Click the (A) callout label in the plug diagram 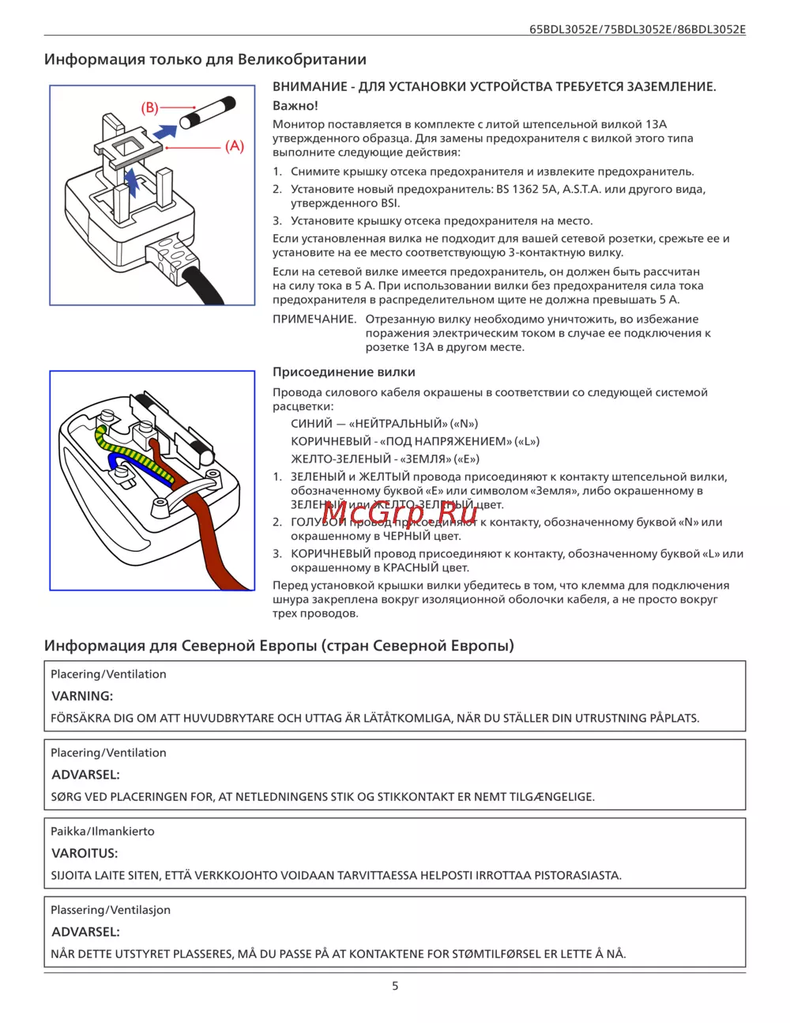[235, 146]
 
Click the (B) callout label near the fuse [150, 108]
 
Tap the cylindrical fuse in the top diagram [208, 112]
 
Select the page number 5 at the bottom [395, 986]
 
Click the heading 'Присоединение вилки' [344, 372]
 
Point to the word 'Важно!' [295, 106]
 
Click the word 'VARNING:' [82, 696]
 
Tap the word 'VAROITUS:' [85, 854]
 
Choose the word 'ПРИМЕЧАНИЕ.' [314, 319]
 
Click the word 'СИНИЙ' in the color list [311, 424]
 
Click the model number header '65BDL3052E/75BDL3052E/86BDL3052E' [637, 29]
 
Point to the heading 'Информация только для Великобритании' [205, 60]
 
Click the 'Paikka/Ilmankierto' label [103, 832]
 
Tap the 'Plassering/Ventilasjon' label [111, 910]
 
